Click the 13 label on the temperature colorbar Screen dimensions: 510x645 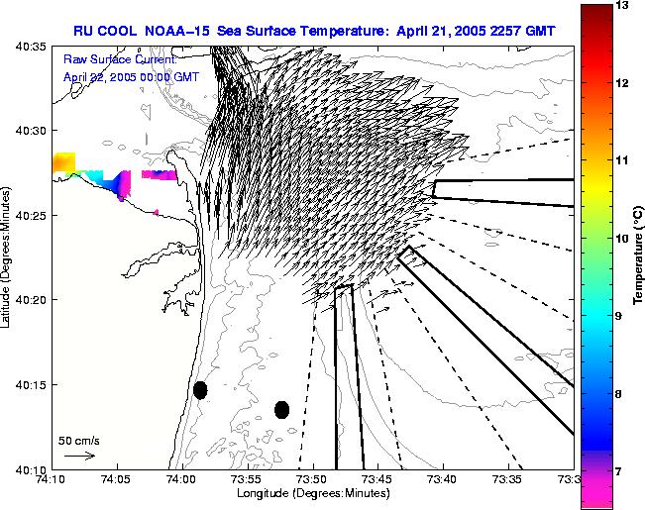pos(621,6)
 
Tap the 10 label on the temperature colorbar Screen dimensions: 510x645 pos(621,239)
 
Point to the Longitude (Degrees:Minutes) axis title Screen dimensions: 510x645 pos(312,493)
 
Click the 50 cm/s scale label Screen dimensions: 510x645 pos(79,440)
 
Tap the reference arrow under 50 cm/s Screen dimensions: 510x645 pos(79,456)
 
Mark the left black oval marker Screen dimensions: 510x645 pos(200,390)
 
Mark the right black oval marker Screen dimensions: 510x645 pos(281,409)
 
